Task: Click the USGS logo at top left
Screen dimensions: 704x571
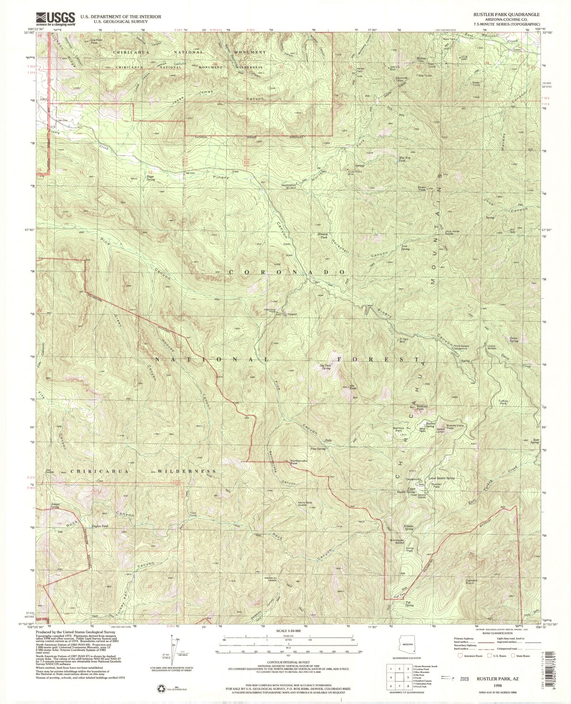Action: click(x=55, y=19)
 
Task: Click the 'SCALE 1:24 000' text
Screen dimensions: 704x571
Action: click(x=288, y=631)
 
